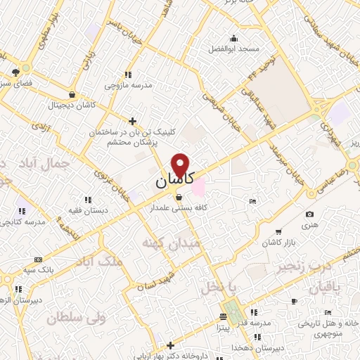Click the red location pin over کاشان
[x=181, y=165]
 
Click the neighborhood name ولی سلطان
[x=75, y=318]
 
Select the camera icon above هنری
[x=309, y=214]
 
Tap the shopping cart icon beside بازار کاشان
[x=278, y=231]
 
